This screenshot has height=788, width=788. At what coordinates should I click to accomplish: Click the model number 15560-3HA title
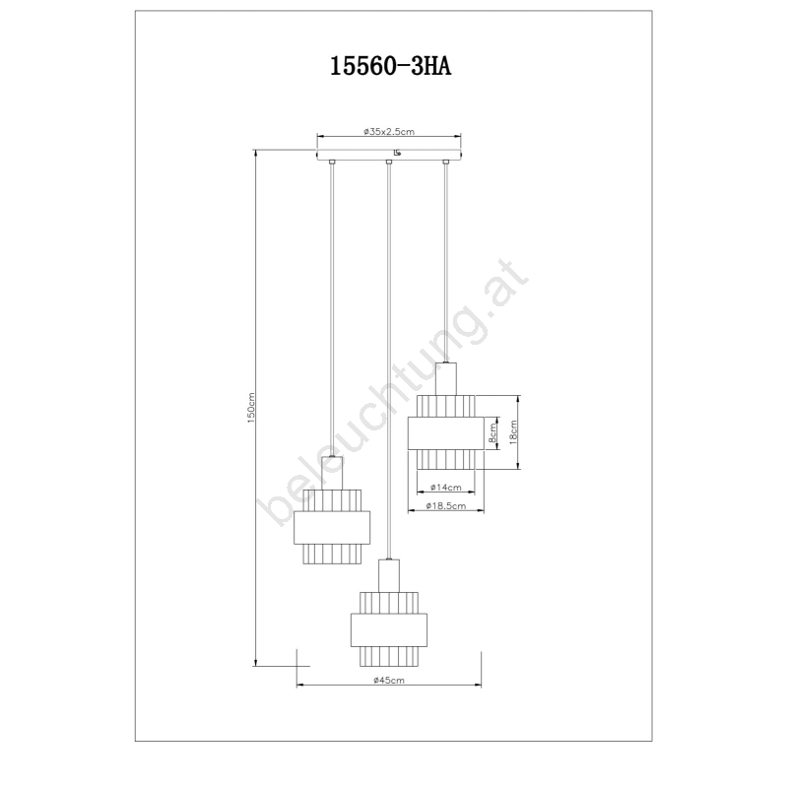390,66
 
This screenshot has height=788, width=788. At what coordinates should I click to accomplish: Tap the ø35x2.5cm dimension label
389,132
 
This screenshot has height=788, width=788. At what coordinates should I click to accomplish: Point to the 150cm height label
251,408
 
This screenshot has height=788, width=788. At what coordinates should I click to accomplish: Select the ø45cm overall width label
389,681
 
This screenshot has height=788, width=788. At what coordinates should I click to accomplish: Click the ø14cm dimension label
446,487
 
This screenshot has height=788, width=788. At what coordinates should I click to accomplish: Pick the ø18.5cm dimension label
446,505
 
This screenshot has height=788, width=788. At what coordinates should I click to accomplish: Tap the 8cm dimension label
492,432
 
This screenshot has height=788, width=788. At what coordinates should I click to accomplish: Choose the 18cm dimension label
513,432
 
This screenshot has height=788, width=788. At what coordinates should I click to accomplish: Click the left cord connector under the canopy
331,162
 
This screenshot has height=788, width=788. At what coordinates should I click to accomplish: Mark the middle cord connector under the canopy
388,162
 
